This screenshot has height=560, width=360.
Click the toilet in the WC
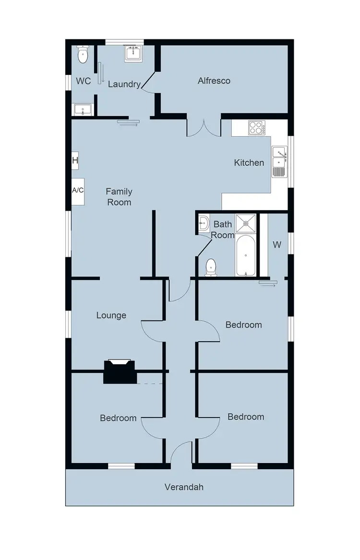point(83,55)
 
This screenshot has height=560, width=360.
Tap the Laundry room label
point(124,84)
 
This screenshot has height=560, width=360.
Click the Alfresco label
point(214,81)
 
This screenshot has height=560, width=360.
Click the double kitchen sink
point(279,162)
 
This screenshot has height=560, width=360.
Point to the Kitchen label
point(249,163)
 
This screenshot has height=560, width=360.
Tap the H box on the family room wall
point(75,160)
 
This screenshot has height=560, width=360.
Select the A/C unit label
point(78,191)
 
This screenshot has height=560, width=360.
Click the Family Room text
point(119,197)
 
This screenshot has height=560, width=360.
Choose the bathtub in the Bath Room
point(246,255)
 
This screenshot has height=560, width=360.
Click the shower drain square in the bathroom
point(247,222)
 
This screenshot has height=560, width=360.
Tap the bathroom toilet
point(210,267)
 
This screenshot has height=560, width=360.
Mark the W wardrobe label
point(277,245)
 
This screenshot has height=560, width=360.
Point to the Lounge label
point(111,315)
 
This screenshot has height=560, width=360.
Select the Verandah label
point(184,487)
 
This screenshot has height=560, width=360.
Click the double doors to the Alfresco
point(204,127)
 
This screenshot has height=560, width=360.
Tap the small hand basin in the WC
point(83,110)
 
